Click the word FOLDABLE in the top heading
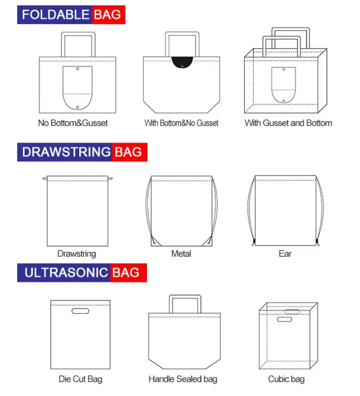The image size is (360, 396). [56, 14]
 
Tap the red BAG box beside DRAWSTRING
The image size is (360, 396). [129, 152]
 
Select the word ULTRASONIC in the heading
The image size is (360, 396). [66, 273]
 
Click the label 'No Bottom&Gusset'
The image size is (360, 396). [73, 123]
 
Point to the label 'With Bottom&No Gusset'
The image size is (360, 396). [181, 123]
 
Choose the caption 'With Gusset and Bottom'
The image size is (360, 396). [288, 123]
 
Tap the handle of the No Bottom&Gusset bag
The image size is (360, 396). [78, 43]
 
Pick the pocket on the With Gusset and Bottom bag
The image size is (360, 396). [283, 84]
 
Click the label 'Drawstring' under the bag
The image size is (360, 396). [76, 254]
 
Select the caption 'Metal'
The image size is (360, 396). [181, 254]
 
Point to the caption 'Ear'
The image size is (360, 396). [285, 254]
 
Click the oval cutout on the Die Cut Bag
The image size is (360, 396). [80, 311]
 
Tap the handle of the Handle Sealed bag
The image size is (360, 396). [185, 303]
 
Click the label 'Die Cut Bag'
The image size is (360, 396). [80, 379]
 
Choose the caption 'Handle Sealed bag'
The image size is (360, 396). [183, 379]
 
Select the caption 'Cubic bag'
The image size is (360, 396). [286, 379]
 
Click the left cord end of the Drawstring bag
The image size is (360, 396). [44, 178]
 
